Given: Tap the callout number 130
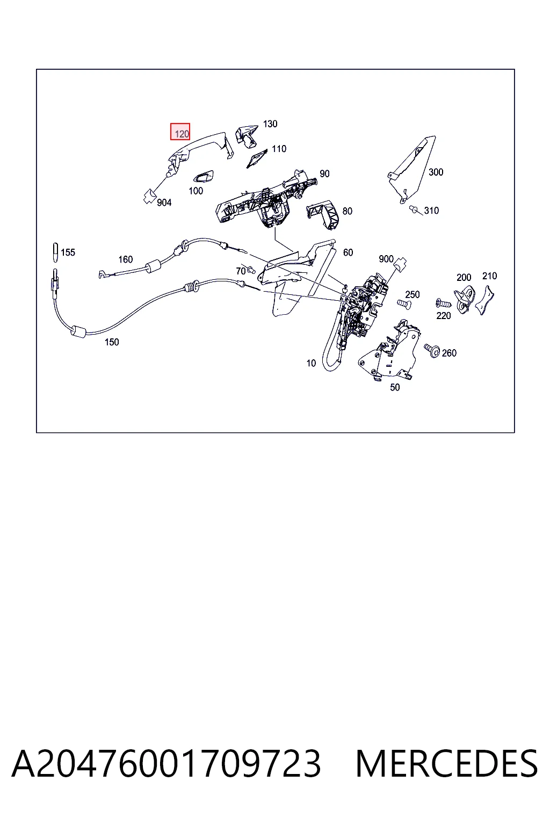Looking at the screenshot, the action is click(270, 124).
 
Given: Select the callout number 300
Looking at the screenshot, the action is click(436, 172).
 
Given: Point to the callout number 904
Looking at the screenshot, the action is click(164, 202).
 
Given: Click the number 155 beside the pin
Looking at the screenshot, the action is click(68, 252).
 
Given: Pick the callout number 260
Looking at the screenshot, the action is click(449, 353).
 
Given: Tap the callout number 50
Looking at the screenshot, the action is click(395, 387).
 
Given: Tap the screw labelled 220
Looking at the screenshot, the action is click(444, 303).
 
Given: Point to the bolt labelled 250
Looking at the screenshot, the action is click(403, 303).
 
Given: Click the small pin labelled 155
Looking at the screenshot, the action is click(55, 252).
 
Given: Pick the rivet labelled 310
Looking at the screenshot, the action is click(415, 209).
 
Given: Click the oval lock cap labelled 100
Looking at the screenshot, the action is click(203, 177).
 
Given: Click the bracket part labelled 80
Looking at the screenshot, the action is click(322, 215).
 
